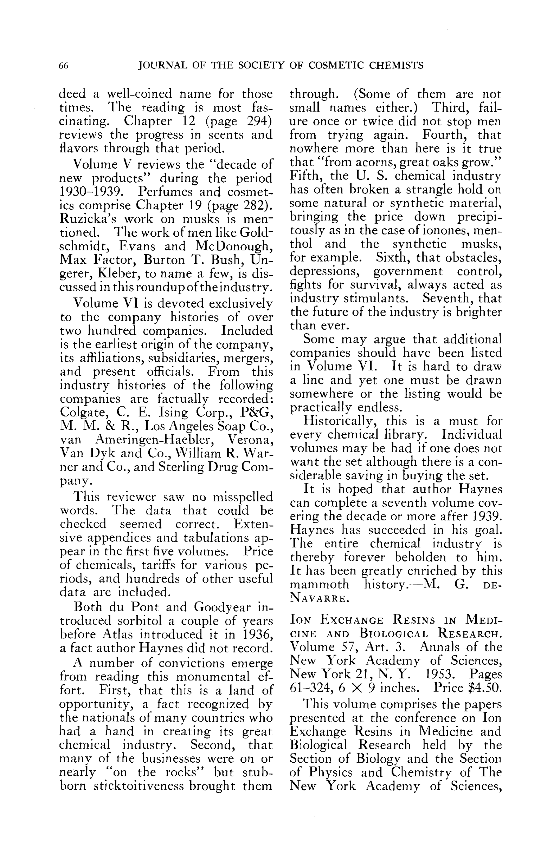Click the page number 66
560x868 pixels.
point(64,66)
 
